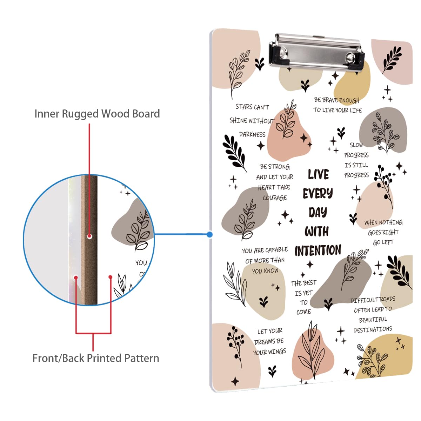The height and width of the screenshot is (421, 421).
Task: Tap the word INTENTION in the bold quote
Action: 318,250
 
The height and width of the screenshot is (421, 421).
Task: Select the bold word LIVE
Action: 318,174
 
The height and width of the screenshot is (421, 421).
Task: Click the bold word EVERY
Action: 318,193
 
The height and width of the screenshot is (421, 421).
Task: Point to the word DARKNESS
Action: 252,134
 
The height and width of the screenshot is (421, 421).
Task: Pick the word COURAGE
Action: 275,198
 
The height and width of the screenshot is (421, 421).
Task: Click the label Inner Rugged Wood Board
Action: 97,114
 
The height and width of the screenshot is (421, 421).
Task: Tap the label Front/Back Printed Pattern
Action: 96,358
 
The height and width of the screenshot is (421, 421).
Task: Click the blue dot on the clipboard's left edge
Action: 210,234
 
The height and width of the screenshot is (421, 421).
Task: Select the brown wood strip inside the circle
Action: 89,210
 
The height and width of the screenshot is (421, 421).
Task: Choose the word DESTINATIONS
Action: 373,330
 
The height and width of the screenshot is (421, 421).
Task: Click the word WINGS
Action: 277,352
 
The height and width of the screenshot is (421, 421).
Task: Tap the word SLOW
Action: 356,145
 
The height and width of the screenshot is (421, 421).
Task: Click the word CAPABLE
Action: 276,250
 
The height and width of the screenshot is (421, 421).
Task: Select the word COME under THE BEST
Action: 303,312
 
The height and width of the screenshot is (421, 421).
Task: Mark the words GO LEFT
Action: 383,242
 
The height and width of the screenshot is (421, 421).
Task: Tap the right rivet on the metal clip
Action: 351,57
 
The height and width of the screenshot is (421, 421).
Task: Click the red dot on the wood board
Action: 89,236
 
